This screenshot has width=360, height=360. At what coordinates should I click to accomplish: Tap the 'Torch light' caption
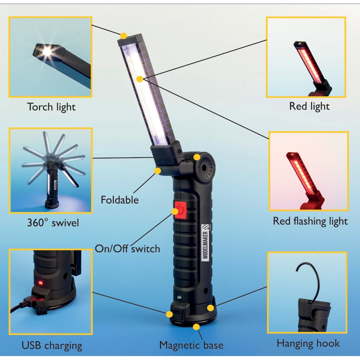[x=51, y=107]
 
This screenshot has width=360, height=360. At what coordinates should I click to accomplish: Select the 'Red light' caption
[x=309, y=106]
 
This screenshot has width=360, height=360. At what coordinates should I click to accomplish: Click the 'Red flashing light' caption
[x=310, y=221]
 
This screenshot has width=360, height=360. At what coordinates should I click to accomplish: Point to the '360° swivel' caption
[x=53, y=223]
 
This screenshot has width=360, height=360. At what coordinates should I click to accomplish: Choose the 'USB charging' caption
[x=52, y=346]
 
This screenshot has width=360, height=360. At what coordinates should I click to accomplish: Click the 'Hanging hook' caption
[x=308, y=344]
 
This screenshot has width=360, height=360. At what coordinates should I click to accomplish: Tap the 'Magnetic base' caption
[x=191, y=345]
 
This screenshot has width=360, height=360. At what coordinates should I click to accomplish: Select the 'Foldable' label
[x=120, y=200]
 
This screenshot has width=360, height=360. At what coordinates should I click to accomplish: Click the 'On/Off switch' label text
[x=127, y=249]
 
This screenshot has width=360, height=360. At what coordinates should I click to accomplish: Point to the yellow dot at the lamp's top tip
[x=123, y=36]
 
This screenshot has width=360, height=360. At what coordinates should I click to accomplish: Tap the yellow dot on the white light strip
[x=139, y=79]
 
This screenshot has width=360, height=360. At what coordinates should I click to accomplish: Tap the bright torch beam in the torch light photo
[x=47, y=51]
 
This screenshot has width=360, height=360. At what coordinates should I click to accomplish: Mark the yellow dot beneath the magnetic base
[x=196, y=327]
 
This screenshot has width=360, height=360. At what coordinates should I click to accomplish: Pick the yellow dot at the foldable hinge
[x=157, y=171]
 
